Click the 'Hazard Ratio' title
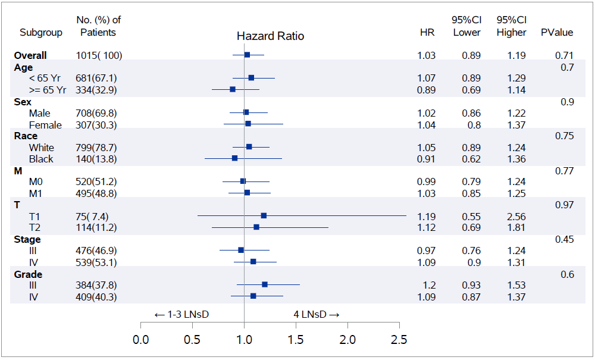click(x=270, y=36)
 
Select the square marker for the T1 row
click(x=264, y=215)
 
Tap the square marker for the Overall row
click(x=247, y=55)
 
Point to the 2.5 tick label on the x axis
click(x=399, y=340)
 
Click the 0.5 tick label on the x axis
click(x=192, y=340)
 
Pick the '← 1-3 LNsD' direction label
click(x=181, y=314)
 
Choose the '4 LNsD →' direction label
click(x=316, y=314)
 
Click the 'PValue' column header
click(x=556, y=32)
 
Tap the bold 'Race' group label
click(x=26, y=136)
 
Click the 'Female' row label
click(x=45, y=125)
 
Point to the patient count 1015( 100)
click(x=99, y=55)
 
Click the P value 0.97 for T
click(x=563, y=205)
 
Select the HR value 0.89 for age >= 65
click(x=426, y=90)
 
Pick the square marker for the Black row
click(x=234, y=158)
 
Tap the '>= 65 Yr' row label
click(x=48, y=90)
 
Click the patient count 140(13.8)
click(x=96, y=159)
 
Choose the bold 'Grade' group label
click(x=28, y=274)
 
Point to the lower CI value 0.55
click(x=471, y=216)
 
